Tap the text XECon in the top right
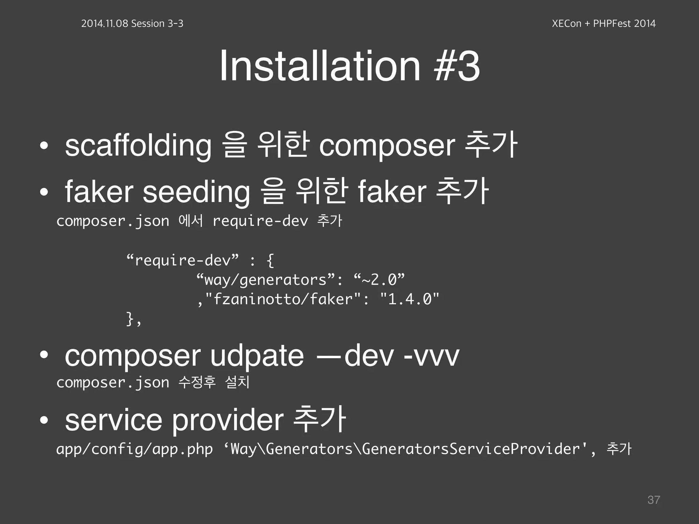point(566,24)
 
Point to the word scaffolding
point(138,146)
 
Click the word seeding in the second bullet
point(196,192)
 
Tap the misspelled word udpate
point(257,356)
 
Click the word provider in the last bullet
point(227,420)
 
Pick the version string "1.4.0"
point(410,299)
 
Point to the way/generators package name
point(265,280)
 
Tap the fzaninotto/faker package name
point(282,299)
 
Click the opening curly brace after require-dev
point(270,261)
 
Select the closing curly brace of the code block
point(130,319)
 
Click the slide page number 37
point(654,500)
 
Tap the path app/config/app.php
point(134,449)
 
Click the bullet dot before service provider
point(44,421)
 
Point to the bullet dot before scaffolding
point(44,146)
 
